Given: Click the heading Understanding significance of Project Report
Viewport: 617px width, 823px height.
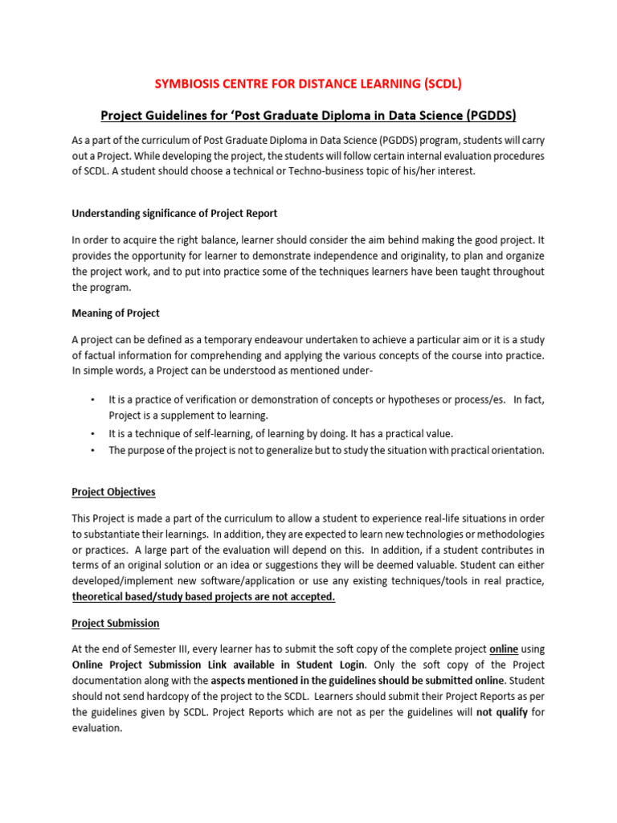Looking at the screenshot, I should [x=174, y=213].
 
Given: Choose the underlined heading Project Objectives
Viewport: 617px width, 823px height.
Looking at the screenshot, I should [x=113, y=491].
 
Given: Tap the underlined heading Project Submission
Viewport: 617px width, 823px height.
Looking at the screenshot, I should [x=115, y=623].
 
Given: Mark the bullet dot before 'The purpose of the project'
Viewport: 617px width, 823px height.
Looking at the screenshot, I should [x=93, y=450].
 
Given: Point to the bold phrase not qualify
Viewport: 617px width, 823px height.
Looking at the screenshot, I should [x=502, y=713].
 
